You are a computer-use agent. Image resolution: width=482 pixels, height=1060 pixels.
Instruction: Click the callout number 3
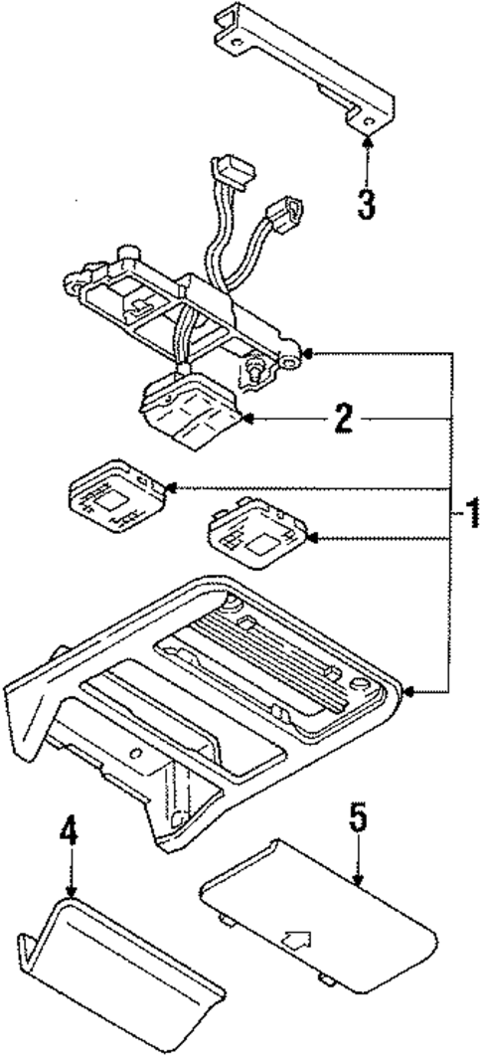click(367, 204)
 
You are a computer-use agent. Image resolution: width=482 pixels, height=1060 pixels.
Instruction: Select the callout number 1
click(472, 514)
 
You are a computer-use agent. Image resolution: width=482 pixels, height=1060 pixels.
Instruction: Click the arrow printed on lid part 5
click(296, 938)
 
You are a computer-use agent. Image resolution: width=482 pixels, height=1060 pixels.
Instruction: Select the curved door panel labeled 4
click(119, 979)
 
